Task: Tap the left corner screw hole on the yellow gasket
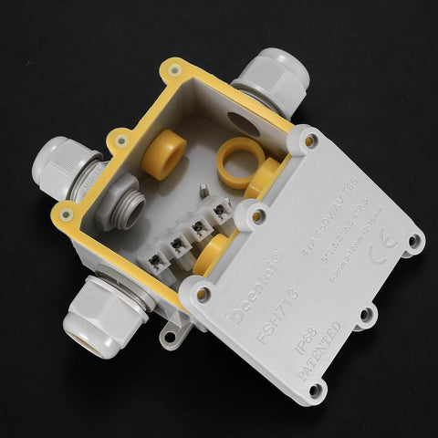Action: pos(65,214)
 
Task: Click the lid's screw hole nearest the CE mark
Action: pos(414,242)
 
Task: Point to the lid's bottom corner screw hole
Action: pos(316,390)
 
